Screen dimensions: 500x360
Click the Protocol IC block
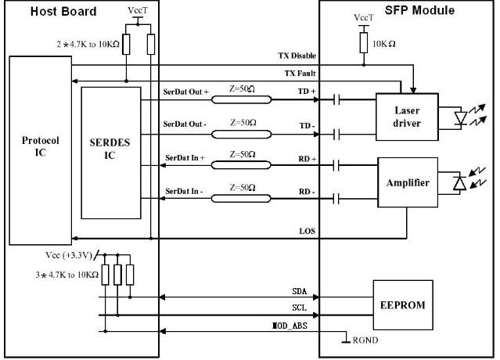click(x=41, y=150)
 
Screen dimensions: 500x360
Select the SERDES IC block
click(x=111, y=153)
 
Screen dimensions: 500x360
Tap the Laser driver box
click(x=407, y=117)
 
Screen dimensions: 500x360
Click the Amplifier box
click(x=408, y=182)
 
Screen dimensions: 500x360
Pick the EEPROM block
click(x=403, y=305)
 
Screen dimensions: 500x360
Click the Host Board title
click(x=63, y=12)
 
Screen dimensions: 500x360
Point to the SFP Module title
click(x=419, y=10)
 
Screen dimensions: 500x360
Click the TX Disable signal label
click(x=297, y=56)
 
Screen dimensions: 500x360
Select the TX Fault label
click(x=300, y=74)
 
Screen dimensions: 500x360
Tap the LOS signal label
click(x=307, y=231)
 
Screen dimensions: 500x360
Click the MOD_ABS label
click(x=290, y=326)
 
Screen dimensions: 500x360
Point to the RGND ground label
click(x=365, y=340)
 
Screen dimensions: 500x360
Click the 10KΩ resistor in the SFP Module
click(x=364, y=43)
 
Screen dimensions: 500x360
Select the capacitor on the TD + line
click(x=336, y=99)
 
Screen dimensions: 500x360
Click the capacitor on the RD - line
click(x=336, y=199)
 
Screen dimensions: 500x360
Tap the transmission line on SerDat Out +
click(x=241, y=100)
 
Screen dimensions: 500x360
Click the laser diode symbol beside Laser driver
click(x=461, y=117)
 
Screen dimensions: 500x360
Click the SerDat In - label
click(x=184, y=191)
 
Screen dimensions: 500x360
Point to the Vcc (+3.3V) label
click(x=69, y=255)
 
